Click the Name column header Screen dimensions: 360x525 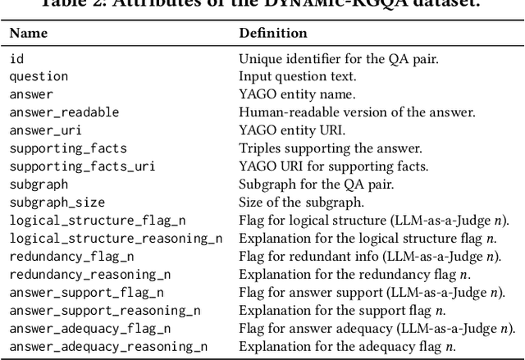29,34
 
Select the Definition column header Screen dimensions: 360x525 272,34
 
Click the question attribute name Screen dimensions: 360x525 39,76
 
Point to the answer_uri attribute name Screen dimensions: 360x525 46,130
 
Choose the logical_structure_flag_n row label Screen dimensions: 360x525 93,220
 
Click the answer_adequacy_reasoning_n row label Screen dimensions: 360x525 108,346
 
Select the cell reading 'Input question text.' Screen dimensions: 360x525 297,76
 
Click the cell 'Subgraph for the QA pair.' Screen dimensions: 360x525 309,185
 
